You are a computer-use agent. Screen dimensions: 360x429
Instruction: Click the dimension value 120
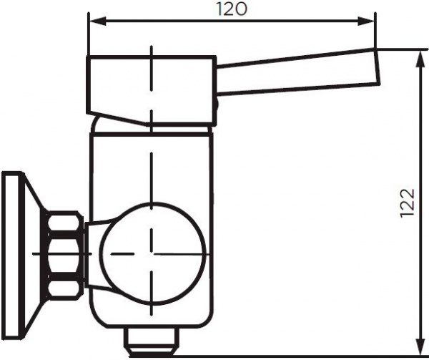pyautogui.click(x=232, y=9)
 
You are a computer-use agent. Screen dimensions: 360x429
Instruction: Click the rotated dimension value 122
pyautogui.click(x=406, y=205)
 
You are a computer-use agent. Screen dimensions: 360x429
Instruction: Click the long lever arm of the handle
pyautogui.click(x=293, y=74)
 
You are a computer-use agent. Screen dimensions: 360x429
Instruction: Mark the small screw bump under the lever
pyautogui.click(x=216, y=108)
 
